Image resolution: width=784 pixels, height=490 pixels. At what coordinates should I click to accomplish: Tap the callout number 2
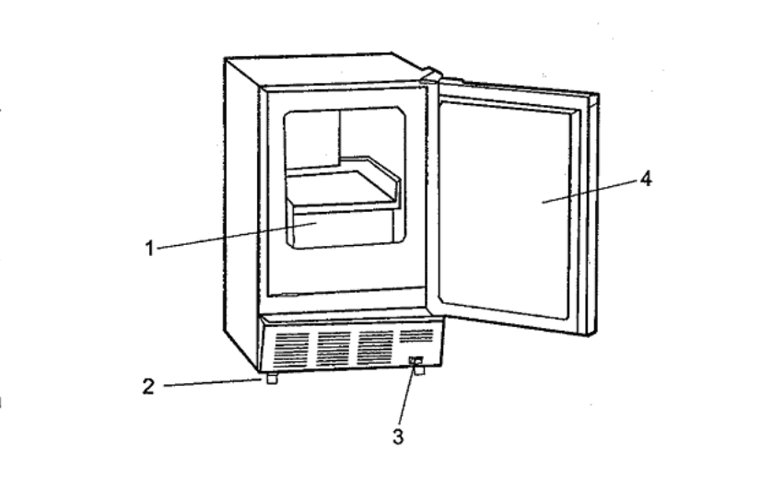click(148, 386)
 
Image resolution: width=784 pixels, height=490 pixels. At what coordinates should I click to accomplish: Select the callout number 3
click(397, 437)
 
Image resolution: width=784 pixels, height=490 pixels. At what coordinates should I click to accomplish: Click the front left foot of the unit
click(271, 379)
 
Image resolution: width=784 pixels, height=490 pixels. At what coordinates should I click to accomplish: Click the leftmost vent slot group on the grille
click(292, 349)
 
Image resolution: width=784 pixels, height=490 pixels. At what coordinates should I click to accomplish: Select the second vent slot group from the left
click(333, 348)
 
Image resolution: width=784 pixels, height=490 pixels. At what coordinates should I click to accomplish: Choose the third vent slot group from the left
click(375, 346)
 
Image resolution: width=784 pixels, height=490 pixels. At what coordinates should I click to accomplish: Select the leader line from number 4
click(590, 191)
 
